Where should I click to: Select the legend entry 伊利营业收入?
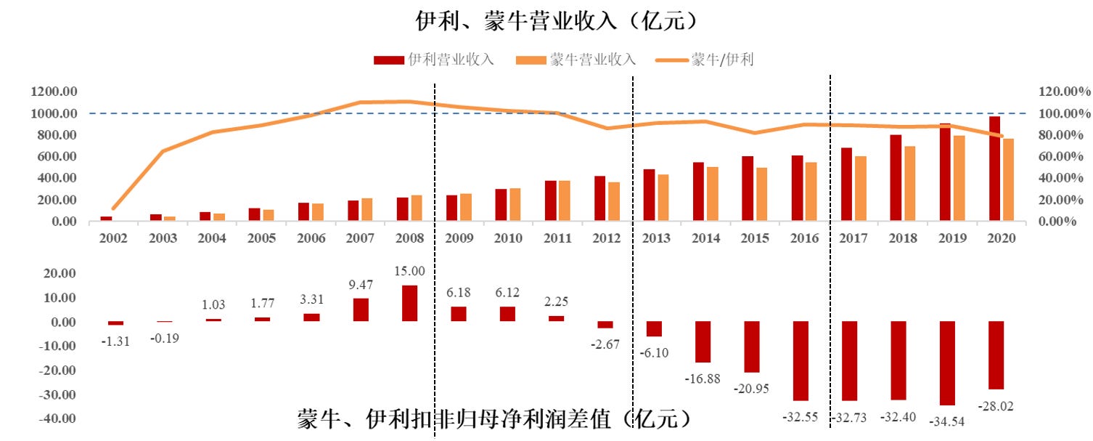[433, 60]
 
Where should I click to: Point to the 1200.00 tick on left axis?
[54, 92]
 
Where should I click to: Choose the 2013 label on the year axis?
[655, 238]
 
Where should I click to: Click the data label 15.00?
[409, 271]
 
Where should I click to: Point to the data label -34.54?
[947, 421]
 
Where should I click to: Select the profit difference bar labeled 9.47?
[361, 309]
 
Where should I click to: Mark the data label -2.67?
[605, 344]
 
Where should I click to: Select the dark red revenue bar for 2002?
[106, 218]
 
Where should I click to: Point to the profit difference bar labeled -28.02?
[996, 355]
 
